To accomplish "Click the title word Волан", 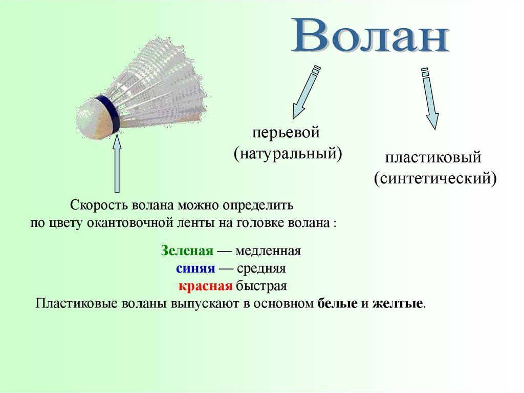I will pyautogui.click(x=370, y=37).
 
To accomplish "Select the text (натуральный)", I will pyautogui.click(x=288, y=153).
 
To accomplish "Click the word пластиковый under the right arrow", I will pyautogui.click(x=433, y=158).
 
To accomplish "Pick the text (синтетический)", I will pyautogui.click(x=435, y=178).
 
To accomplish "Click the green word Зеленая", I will pyautogui.click(x=186, y=251).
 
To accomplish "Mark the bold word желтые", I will pyautogui.click(x=398, y=303).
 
